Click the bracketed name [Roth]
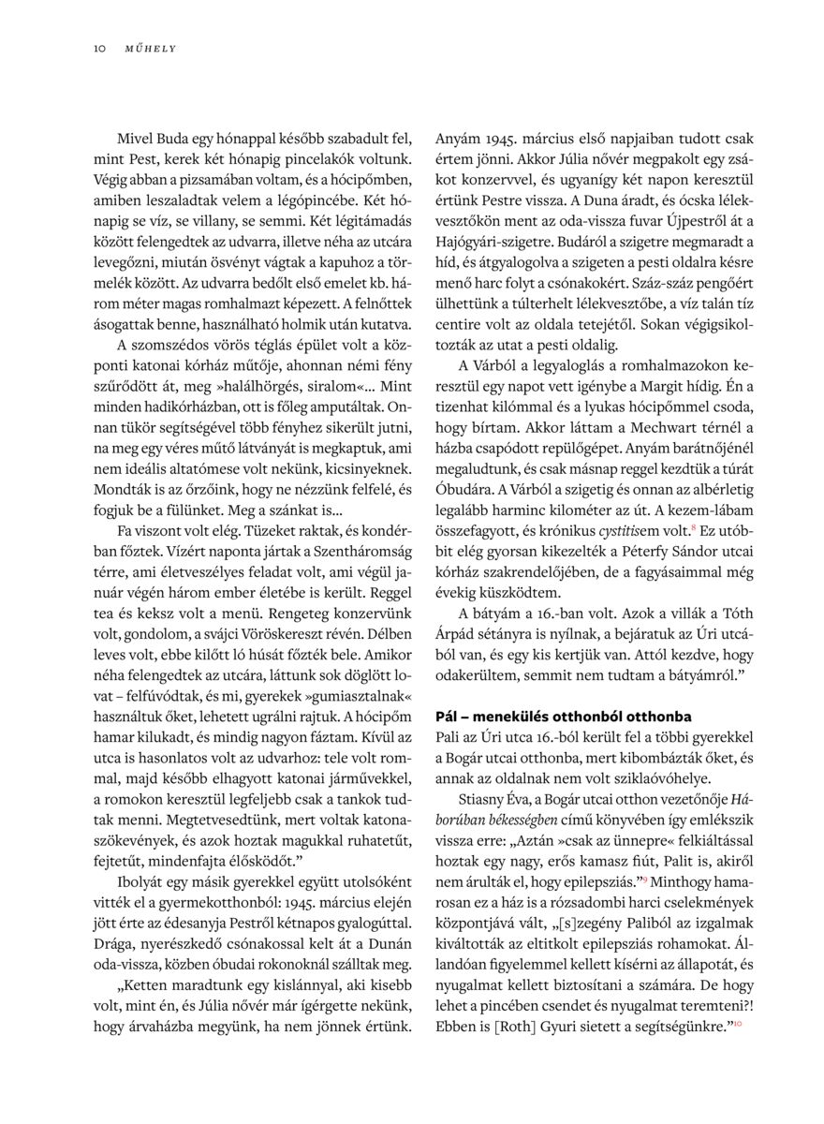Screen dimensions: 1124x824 pyautogui.click(x=505, y=1026)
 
